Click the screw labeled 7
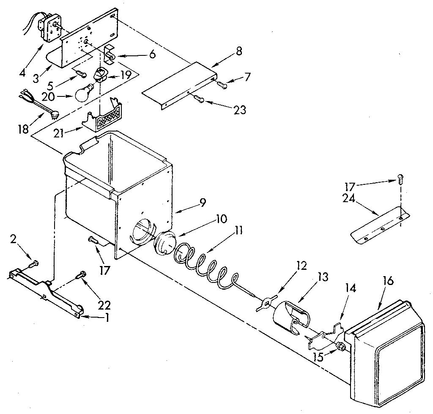[x=223, y=85]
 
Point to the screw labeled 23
[x=200, y=100]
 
